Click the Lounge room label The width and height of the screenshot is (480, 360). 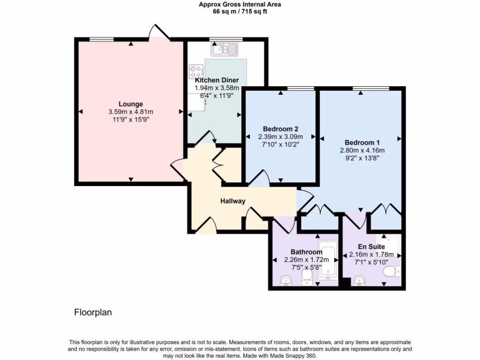click(x=131, y=104)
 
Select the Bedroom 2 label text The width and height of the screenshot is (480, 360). click(x=281, y=129)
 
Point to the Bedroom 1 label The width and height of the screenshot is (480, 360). click(x=362, y=142)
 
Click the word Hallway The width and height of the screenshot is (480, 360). click(x=233, y=201)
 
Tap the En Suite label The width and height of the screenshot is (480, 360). click(x=371, y=247)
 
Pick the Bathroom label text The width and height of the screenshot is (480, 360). click(x=307, y=252)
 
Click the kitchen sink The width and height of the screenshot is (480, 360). click(x=225, y=49)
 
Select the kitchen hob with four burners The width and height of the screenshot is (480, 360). click(x=196, y=71)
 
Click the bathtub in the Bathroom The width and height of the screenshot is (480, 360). click(x=327, y=260)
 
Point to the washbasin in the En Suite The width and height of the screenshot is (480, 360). click(x=360, y=281)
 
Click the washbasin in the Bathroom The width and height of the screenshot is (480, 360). click(x=285, y=281)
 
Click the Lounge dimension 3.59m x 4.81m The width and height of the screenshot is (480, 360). click(x=131, y=112)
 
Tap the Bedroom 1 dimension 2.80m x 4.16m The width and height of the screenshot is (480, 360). click(x=362, y=150)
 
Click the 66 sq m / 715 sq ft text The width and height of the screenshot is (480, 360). click(x=240, y=12)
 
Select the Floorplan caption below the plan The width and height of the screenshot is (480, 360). click(x=93, y=312)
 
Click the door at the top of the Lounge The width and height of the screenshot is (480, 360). click(x=158, y=33)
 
